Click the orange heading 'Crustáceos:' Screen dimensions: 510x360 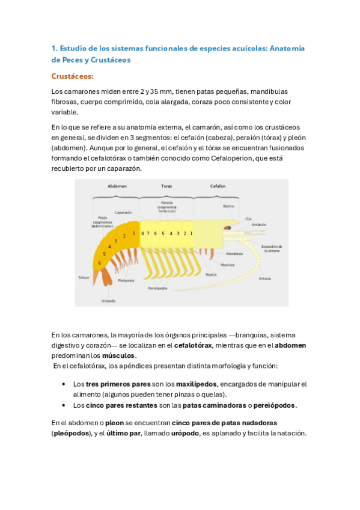[73, 76]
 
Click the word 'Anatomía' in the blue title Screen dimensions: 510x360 [285, 48]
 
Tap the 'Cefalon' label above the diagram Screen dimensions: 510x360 [217, 186]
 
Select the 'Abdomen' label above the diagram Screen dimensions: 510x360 [117, 186]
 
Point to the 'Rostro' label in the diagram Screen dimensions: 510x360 [228, 206]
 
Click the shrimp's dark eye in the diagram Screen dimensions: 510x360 [228, 228]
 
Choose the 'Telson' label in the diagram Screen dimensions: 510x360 [84, 277]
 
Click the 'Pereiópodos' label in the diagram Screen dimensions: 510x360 [158, 288]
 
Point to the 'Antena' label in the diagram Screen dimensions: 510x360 [264, 278]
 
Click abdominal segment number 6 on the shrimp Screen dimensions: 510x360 [100, 263]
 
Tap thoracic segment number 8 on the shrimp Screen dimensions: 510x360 [142, 233]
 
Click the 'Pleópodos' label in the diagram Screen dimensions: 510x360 [126, 280]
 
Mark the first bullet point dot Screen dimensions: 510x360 [64, 384]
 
